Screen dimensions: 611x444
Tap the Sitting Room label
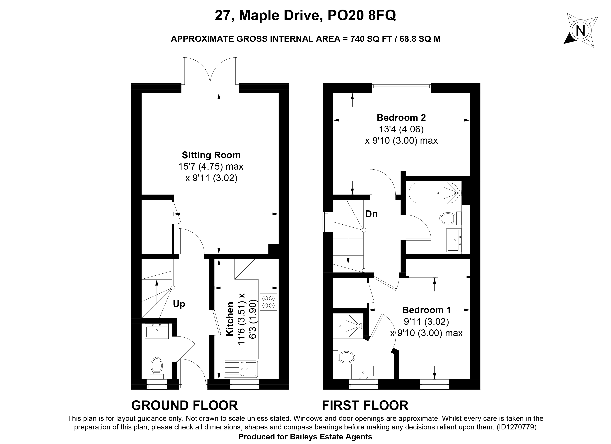coord(211,155)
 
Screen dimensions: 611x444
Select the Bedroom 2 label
coord(401,118)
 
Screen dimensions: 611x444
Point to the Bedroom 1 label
coord(426,310)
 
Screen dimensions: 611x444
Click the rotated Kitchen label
coord(230,319)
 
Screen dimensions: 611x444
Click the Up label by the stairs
coord(179,304)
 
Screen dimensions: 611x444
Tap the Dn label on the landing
coord(371,214)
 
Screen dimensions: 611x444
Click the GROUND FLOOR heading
coord(185,405)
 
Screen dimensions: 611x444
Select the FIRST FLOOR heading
coord(365,405)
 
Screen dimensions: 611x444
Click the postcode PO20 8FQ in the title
coord(362,16)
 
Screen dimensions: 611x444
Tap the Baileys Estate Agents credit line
coord(305,437)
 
